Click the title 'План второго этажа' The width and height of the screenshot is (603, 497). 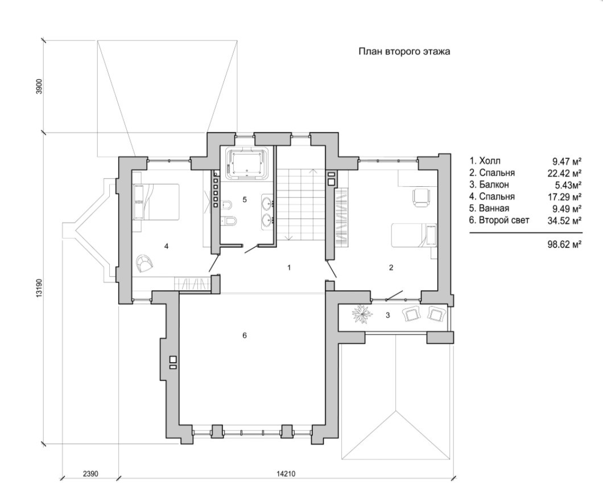tap(404, 51)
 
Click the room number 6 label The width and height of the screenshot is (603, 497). tap(244, 335)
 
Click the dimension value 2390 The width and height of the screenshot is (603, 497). tap(90, 473)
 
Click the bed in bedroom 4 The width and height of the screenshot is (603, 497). tap(156, 201)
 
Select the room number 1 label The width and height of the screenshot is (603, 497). tap(289, 267)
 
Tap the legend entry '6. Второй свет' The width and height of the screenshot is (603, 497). tap(499, 220)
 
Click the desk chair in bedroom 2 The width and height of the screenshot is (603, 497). tap(419, 196)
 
